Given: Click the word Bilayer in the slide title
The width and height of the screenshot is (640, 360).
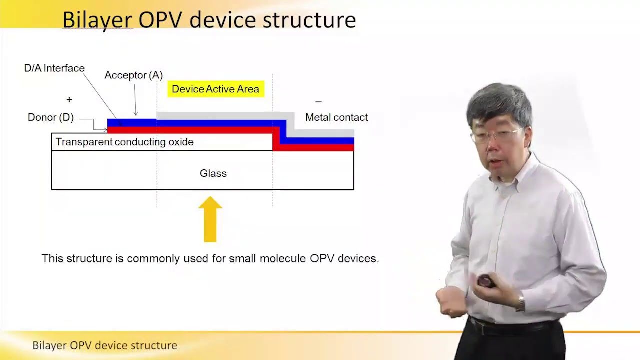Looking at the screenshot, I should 97,20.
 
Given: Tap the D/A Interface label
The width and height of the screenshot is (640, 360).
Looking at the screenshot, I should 54,68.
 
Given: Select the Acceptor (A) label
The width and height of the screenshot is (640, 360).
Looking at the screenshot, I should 133,75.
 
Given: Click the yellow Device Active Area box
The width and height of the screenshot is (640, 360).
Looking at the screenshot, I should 215,89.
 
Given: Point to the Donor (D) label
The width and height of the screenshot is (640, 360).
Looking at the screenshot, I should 50,117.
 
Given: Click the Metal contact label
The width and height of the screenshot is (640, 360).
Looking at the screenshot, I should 336,117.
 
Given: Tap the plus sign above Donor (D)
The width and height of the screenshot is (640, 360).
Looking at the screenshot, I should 69,100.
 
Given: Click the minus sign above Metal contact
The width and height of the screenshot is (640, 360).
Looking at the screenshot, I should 318,102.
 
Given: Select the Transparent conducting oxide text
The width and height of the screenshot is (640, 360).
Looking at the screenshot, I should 124,142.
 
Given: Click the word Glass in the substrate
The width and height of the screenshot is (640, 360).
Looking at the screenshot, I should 213,173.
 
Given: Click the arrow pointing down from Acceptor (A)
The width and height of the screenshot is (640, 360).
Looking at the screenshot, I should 136,100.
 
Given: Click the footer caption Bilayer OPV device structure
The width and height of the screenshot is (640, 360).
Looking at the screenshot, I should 105,345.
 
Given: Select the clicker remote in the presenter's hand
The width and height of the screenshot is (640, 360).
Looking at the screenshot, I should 485,281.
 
